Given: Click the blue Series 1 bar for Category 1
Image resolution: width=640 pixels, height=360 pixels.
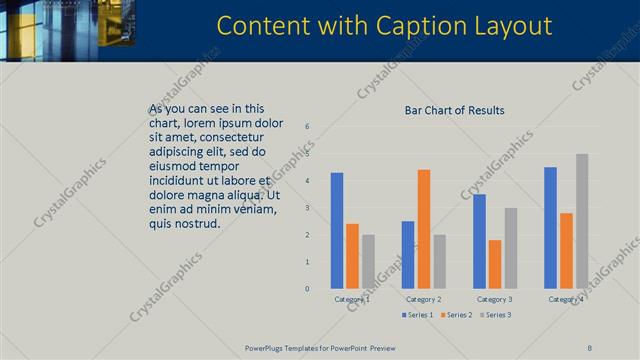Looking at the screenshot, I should [337, 231].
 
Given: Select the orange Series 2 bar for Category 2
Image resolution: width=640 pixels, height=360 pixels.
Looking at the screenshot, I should [424, 229].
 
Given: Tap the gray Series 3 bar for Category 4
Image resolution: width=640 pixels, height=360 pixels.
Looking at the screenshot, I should [582, 221].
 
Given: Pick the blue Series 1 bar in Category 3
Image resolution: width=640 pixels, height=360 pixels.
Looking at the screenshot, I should [480, 241].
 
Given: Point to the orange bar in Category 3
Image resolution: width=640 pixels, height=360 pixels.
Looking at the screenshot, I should [495, 264].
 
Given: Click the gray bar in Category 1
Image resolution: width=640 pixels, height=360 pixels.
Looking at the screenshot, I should [368, 261].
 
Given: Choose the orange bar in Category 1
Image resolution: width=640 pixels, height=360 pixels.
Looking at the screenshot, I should [352, 256].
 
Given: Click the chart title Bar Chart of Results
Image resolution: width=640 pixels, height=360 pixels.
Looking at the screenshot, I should [454, 110].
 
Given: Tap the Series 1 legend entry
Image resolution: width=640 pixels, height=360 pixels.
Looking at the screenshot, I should [419, 315].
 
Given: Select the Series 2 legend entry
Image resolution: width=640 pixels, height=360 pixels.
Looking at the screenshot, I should [456, 315].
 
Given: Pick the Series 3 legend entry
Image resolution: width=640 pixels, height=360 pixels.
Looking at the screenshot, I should [494, 315].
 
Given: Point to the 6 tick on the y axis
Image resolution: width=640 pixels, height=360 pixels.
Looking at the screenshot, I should [307, 126].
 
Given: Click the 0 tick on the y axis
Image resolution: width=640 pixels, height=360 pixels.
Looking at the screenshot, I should [307, 289].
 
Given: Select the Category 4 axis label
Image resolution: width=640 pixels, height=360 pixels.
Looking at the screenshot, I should [566, 299].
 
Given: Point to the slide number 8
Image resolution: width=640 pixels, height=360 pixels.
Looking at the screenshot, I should [589, 347].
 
